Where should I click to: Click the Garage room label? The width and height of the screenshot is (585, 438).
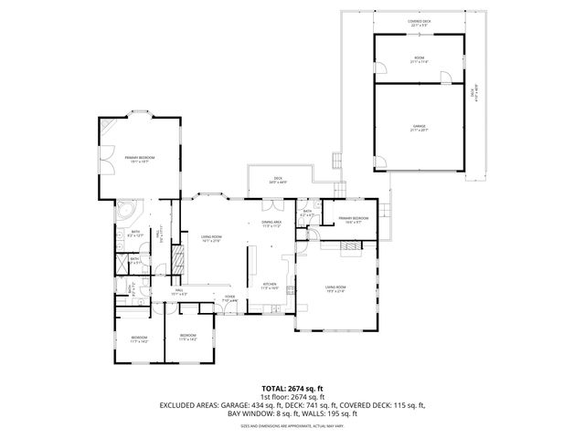click(x=419, y=126)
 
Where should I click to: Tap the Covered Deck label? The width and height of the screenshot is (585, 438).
click(x=419, y=24)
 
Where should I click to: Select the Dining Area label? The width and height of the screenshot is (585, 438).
click(x=271, y=223)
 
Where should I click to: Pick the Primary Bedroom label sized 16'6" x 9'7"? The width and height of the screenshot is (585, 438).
click(x=353, y=219)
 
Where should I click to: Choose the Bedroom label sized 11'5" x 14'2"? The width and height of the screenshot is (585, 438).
click(x=188, y=337)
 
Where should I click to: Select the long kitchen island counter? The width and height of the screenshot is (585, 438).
click(x=247, y=268)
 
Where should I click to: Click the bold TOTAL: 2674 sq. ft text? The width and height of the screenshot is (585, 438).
click(x=292, y=388)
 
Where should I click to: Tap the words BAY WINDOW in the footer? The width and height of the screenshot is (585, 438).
click(x=247, y=413)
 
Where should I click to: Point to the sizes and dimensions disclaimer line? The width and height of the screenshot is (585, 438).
click(x=292, y=425)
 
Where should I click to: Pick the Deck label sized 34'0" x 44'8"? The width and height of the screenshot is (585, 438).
click(x=278, y=180)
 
